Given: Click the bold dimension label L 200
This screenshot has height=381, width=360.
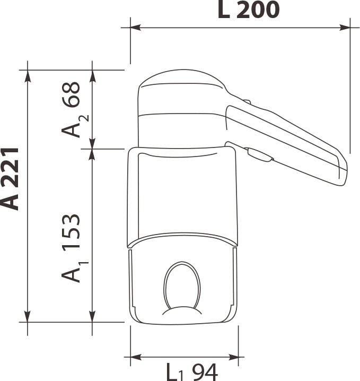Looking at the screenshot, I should (x=248, y=10).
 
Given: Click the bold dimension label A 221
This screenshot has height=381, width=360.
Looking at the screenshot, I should (x=11, y=179).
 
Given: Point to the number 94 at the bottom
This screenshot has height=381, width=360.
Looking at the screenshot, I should (x=205, y=373).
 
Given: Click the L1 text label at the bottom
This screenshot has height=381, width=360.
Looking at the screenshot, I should (x=176, y=373).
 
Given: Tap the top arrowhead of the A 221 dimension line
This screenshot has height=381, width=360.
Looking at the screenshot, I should (x=28, y=75).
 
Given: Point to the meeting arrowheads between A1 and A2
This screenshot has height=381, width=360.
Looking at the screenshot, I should (x=93, y=149).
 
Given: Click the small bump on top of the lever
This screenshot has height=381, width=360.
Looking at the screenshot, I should (x=246, y=101).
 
